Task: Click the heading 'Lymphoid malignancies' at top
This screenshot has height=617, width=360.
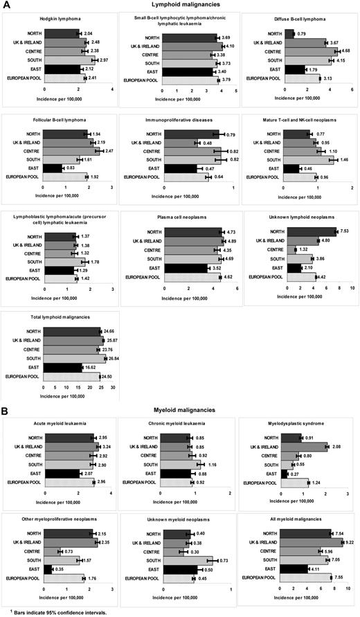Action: (x=181, y=4)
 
